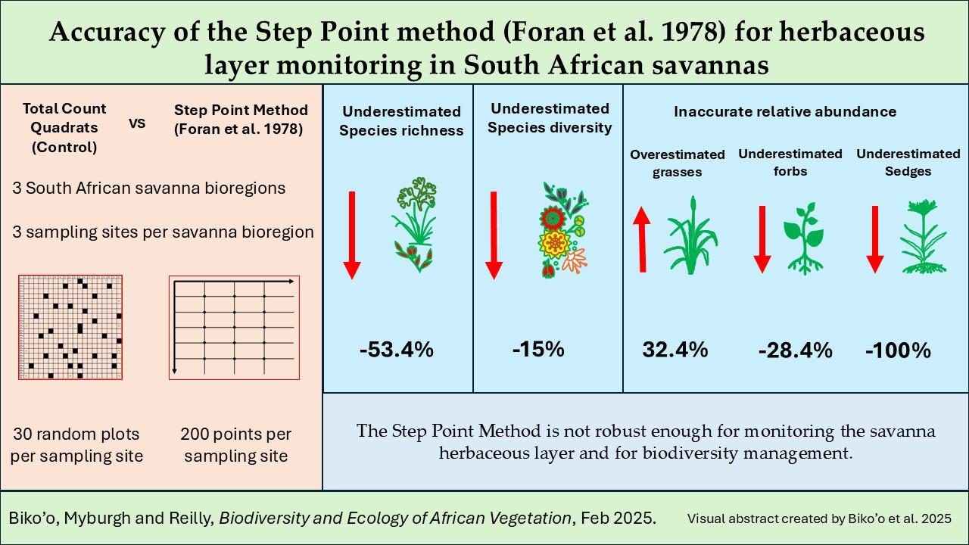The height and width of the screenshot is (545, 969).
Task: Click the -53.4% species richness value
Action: [x=396, y=350]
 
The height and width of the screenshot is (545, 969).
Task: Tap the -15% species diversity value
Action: [x=538, y=349]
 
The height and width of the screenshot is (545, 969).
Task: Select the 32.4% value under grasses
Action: [x=675, y=350]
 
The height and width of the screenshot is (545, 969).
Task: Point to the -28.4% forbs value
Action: [x=795, y=350]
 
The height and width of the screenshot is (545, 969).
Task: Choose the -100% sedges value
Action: [x=898, y=350]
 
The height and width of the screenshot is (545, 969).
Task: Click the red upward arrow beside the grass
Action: [x=642, y=239]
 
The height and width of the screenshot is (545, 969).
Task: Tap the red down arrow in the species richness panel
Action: [x=352, y=235]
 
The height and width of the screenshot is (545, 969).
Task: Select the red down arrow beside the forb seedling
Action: [x=762, y=240]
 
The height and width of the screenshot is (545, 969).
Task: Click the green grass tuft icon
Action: [x=691, y=235]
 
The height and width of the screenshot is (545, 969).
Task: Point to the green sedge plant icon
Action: [x=924, y=237]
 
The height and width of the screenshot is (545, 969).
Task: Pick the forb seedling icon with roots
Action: [x=804, y=238]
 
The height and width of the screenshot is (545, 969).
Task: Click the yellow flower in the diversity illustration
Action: [x=555, y=244]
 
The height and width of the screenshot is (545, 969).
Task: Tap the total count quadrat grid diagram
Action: [x=70, y=328]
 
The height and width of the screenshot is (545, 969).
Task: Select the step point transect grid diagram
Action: [x=234, y=328]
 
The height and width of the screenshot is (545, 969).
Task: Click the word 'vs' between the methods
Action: [x=137, y=123]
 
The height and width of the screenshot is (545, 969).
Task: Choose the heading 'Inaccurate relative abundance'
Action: [x=785, y=111]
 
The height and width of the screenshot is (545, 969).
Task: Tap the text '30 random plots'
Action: [x=76, y=434]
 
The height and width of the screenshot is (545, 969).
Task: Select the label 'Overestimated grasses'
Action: [x=678, y=163]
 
